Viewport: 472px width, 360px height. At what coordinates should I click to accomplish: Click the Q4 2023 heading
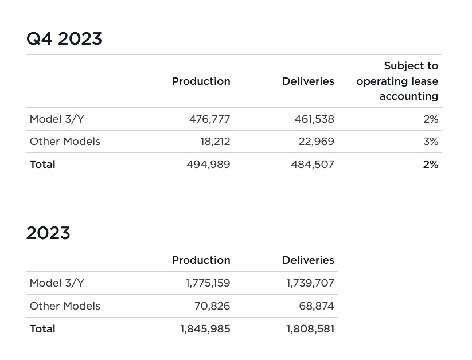click(x=64, y=39)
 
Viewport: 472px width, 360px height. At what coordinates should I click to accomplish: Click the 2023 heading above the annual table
click(x=48, y=233)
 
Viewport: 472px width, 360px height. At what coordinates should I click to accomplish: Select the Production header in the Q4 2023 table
click(x=201, y=81)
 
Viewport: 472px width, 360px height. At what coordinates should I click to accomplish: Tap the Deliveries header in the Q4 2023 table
click(x=308, y=81)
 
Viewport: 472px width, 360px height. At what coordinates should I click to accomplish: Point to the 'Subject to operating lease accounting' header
click(x=397, y=81)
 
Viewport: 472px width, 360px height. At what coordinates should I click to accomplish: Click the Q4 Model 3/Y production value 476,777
click(x=209, y=119)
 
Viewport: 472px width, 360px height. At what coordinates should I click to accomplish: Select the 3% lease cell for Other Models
click(x=431, y=142)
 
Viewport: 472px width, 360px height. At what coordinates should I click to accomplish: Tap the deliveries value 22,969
click(x=316, y=142)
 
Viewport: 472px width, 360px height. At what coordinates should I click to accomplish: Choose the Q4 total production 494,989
click(x=208, y=165)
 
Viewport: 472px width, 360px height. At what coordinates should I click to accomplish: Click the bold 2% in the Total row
click(x=431, y=165)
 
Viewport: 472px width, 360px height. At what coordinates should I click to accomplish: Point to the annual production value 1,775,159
click(x=208, y=283)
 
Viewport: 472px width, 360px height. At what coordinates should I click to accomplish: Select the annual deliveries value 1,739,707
click(x=310, y=283)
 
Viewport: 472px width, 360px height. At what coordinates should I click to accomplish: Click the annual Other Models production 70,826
click(x=212, y=306)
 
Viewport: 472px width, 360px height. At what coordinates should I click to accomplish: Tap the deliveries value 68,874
click(x=317, y=306)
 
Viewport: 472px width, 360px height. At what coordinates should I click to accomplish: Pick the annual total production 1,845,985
click(x=205, y=329)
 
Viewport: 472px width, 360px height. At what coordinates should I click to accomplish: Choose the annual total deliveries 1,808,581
click(x=310, y=329)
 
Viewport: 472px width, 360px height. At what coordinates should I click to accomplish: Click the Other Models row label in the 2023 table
click(x=65, y=306)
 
